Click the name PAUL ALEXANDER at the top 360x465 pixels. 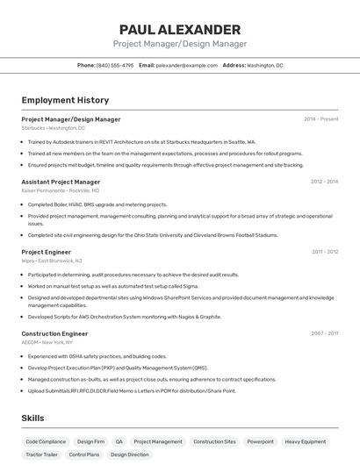point(179,29)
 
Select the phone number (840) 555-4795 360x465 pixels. point(115,65)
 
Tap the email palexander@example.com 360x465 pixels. point(186,65)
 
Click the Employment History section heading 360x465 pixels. point(65,100)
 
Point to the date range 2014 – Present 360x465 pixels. point(320,119)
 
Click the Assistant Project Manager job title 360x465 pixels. point(61,182)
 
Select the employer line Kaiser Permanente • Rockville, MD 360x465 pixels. point(60,190)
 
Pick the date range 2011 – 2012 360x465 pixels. point(324,252)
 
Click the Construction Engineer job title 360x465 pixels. point(54,333)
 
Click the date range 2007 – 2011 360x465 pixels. point(324,333)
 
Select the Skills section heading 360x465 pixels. point(32,418)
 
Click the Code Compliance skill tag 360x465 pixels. point(46,441)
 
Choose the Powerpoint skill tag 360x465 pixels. point(260,441)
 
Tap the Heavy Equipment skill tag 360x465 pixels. point(305,441)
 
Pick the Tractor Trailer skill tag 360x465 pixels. point(41,454)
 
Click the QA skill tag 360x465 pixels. point(119,441)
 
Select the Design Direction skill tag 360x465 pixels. point(129,454)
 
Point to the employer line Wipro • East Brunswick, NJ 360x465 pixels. point(52,261)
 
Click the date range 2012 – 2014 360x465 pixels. point(324,182)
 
